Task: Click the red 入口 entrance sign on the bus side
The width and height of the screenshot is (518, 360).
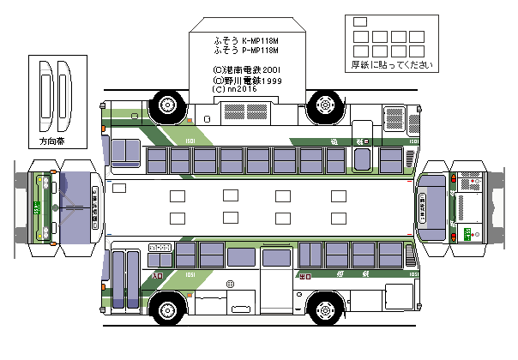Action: pos(157,275)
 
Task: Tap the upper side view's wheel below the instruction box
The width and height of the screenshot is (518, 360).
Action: pos(324,105)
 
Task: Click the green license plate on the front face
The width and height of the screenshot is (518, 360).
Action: pos(38,207)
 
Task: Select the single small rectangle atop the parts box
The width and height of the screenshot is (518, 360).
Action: pos(359,21)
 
